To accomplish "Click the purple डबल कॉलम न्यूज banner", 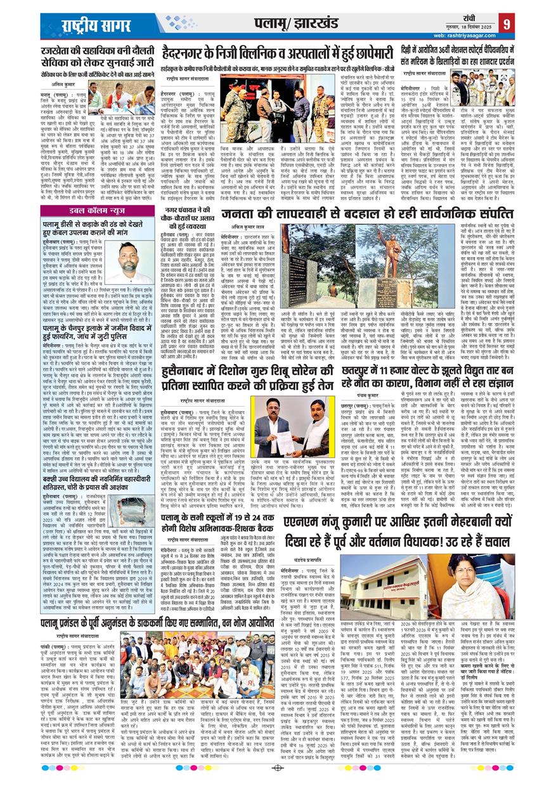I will point(79,212).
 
